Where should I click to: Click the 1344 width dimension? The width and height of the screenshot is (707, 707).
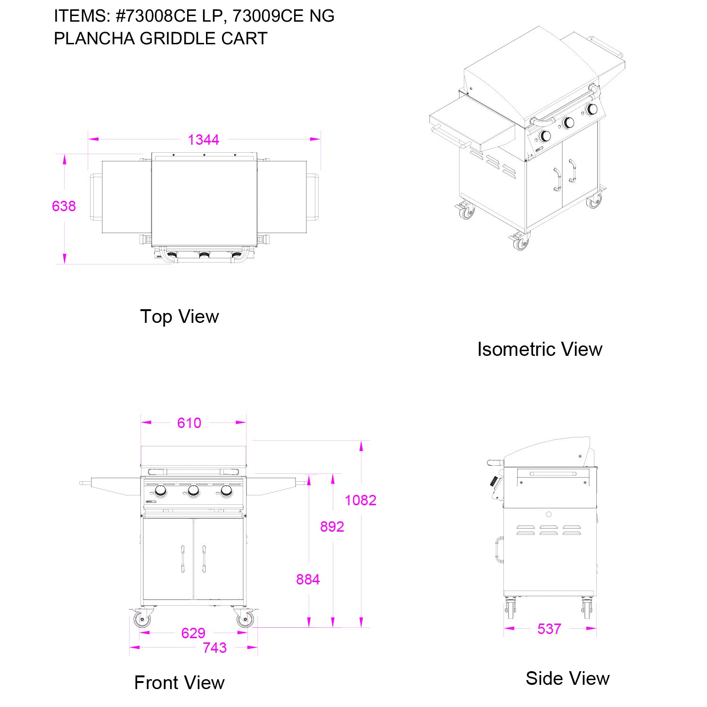[x=204, y=140]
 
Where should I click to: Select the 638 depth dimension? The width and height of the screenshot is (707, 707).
[x=64, y=206]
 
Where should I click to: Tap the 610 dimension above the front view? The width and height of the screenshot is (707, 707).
[x=189, y=423]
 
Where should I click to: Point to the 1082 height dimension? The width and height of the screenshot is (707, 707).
[x=361, y=500]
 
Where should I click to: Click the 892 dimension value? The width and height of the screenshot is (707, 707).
[x=332, y=526]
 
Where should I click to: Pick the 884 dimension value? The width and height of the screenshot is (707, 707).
[x=308, y=579]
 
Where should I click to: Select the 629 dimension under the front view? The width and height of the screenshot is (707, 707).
[x=193, y=633]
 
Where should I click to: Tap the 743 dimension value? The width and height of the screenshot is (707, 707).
[x=215, y=648]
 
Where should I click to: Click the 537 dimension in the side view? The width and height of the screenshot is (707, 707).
[x=550, y=629]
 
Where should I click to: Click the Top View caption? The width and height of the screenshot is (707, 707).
[x=180, y=316]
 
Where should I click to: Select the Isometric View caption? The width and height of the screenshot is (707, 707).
[x=540, y=349]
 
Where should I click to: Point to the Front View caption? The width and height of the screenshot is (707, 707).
[x=180, y=682]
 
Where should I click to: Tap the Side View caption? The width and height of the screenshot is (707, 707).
[x=567, y=678]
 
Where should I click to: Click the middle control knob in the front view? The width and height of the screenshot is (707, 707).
[x=193, y=492]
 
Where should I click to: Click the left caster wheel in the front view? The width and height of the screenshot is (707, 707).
[x=142, y=619]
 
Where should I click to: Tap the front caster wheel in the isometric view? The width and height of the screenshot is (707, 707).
[x=520, y=243]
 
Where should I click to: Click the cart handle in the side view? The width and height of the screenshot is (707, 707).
[x=498, y=551]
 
